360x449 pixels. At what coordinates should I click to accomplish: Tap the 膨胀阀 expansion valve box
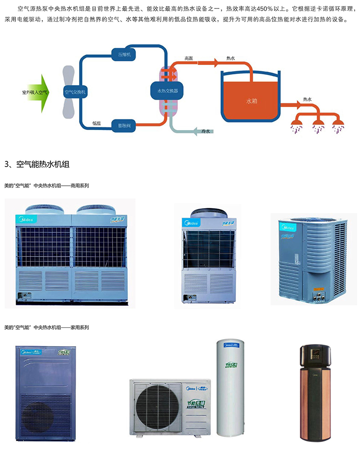pyautogui.click(x=124, y=124)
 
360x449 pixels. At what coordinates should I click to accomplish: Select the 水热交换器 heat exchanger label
pyautogui.click(x=167, y=89)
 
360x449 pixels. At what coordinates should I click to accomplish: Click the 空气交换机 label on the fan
pyautogui.click(x=75, y=93)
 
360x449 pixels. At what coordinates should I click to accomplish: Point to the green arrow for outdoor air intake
pyautogui.click(x=42, y=93)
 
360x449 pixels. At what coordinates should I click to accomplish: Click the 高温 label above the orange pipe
pyautogui.click(x=188, y=58)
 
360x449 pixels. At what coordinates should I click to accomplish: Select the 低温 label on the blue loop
pyautogui.click(x=96, y=123)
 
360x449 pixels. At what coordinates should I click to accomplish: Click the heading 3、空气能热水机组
pyautogui.click(x=37, y=164)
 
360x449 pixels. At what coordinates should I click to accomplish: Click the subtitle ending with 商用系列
pyautogui.click(x=46, y=186)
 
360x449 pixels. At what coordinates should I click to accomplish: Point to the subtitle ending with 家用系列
pyautogui.click(x=46, y=327)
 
